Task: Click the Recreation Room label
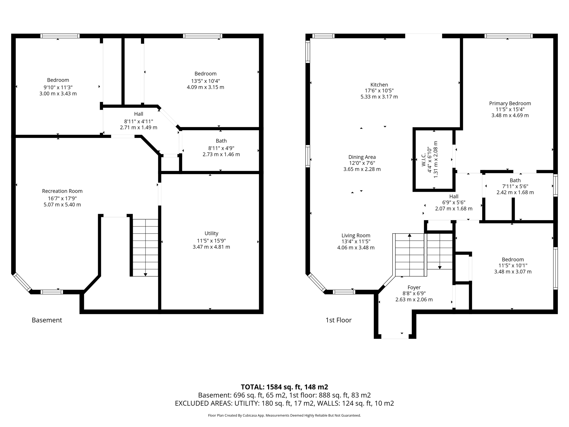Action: point(62,191)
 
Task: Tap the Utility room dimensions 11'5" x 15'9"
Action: point(211,241)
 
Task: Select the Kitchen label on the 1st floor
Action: point(379,85)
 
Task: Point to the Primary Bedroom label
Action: point(510,103)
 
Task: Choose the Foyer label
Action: point(414,287)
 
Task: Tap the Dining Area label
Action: point(362,157)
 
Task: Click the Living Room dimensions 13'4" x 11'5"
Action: point(356,242)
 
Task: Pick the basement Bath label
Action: point(221,141)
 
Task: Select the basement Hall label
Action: point(139,114)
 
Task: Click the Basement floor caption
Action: point(47,320)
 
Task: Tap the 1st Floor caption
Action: point(338,320)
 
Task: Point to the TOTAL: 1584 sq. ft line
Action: point(284,387)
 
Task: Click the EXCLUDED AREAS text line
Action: point(284,403)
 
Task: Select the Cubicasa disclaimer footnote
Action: point(284,416)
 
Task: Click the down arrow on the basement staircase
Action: point(145,274)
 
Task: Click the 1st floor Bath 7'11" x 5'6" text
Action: point(515,186)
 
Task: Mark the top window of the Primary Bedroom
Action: point(508,36)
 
